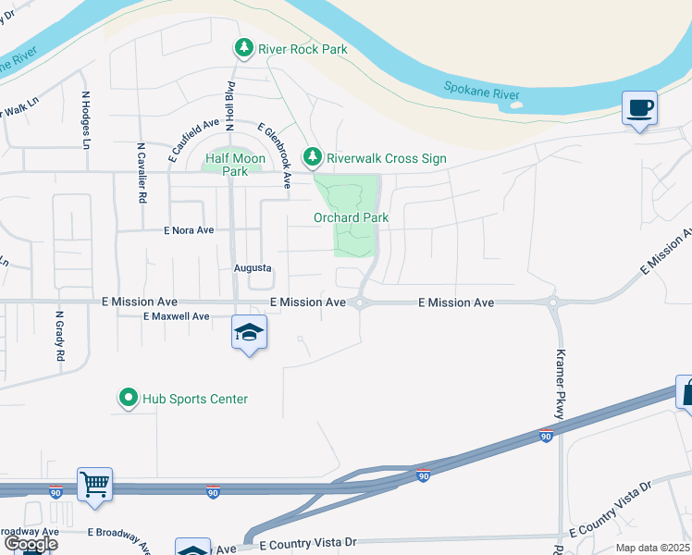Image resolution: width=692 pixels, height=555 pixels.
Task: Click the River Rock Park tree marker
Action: point(243,47)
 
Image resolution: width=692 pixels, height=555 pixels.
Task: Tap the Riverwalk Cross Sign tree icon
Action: point(314,158)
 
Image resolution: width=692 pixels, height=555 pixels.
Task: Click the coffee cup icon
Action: point(639,108)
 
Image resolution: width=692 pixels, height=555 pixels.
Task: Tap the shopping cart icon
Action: point(94,484)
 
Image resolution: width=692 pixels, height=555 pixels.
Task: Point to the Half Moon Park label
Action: point(235,165)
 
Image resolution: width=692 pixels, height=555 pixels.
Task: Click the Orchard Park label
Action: point(350,218)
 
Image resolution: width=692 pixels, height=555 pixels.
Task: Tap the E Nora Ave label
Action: point(189,230)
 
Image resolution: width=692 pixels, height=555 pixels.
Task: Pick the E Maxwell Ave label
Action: point(176,316)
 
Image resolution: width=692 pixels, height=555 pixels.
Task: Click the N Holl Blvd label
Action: point(229,100)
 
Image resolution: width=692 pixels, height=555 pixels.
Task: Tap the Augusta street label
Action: point(252,268)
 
